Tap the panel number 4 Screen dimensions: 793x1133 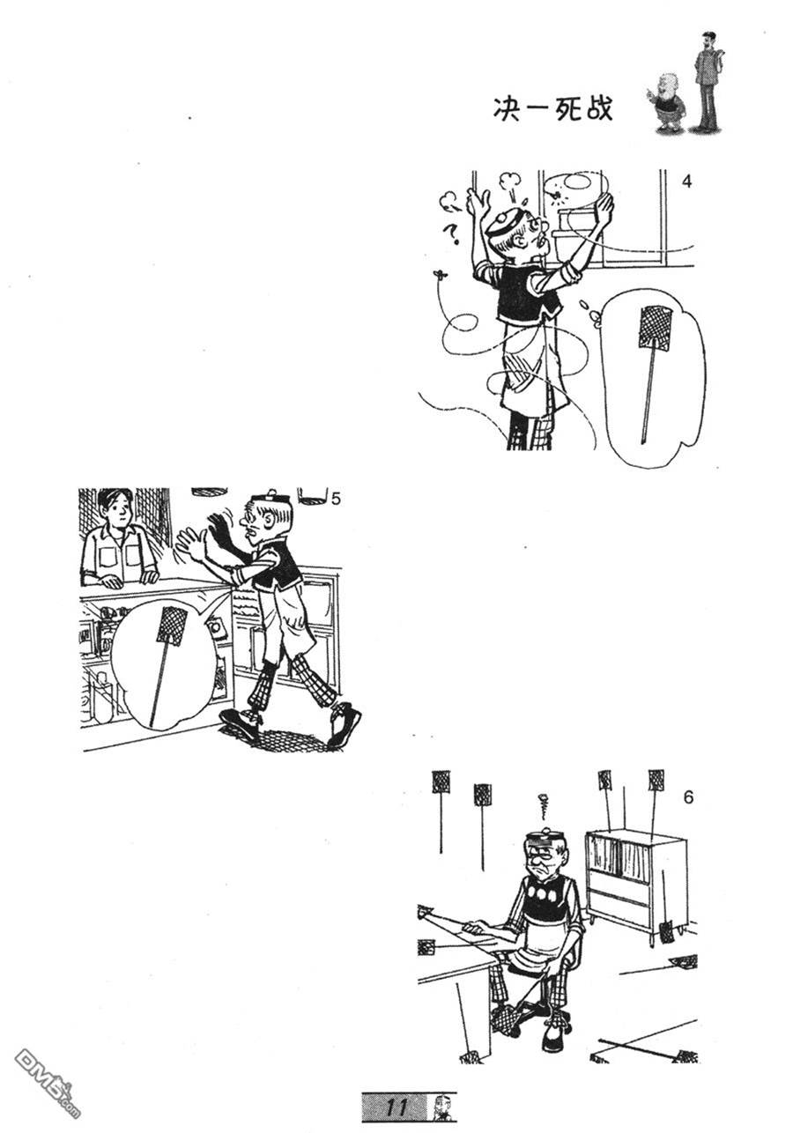coord(686,181)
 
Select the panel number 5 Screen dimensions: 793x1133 coord(336,500)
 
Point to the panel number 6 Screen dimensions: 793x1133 coord(688,797)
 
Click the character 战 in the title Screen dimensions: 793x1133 coord(599,108)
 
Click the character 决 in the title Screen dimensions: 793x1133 coord(507,108)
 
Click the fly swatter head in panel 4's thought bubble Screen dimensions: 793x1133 coord(656,324)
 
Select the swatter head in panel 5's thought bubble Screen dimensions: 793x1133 coord(172,627)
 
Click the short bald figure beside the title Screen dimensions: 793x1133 coord(667,103)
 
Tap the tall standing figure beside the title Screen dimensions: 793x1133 coord(709,80)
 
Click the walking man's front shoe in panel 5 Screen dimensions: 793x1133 coord(345,725)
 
